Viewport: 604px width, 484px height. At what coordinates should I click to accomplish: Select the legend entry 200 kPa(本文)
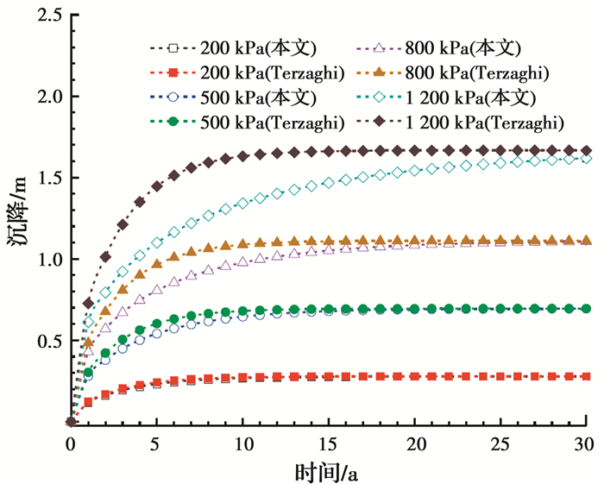point(233,47)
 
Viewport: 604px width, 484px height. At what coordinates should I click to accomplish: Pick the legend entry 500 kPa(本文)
point(233,95)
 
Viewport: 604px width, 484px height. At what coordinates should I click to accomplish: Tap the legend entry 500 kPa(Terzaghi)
point(244,120)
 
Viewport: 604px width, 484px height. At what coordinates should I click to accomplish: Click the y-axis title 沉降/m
point(17,219)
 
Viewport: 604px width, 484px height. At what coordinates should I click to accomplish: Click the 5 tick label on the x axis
point(156,443)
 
